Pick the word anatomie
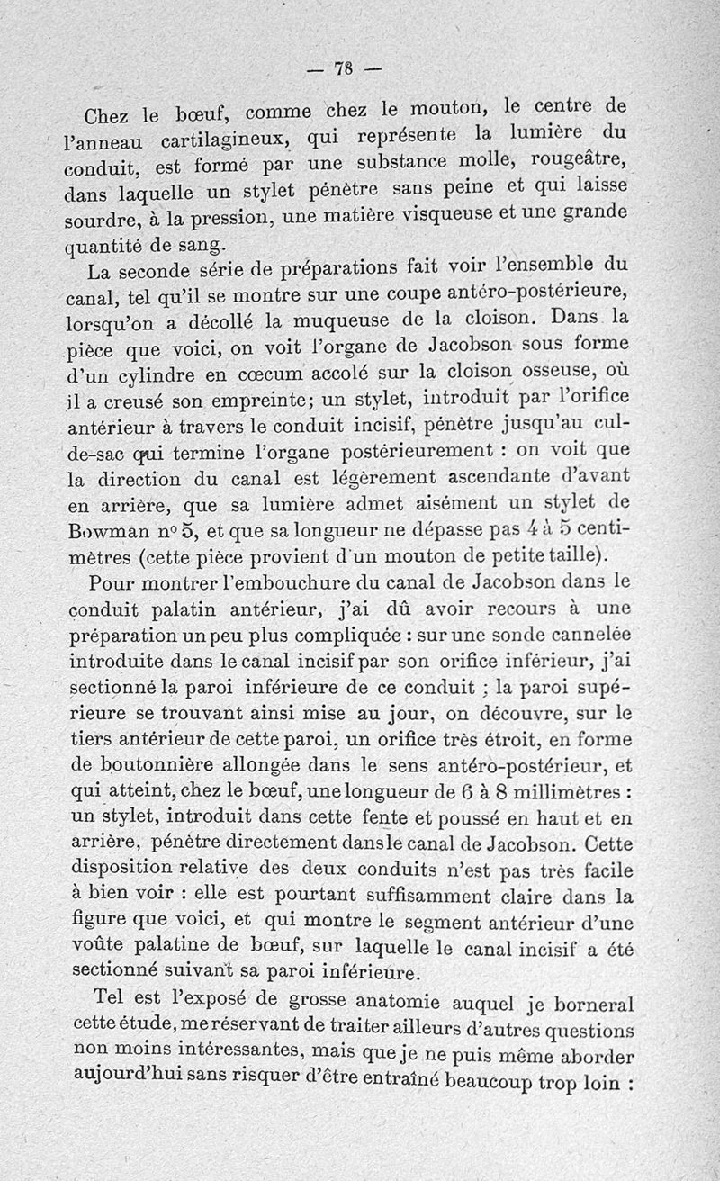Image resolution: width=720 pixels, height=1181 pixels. point(389,1000)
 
